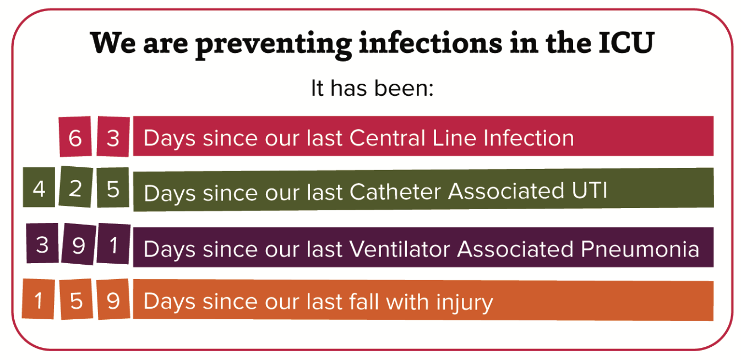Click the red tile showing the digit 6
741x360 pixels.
75,137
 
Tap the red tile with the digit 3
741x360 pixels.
113,137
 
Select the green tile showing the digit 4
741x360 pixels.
39,187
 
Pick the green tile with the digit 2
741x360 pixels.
76,187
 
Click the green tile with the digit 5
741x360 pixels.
113,188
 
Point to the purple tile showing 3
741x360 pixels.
42,243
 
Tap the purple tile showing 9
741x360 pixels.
79,244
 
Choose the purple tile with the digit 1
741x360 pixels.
113,244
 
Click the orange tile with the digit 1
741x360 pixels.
39,299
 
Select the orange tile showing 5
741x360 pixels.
77,299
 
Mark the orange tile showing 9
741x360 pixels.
113,299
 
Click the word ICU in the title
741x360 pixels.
626,43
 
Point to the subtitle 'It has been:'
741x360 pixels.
372,88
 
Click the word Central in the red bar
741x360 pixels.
387,138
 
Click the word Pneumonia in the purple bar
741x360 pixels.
640,249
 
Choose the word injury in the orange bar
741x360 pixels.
465,303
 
